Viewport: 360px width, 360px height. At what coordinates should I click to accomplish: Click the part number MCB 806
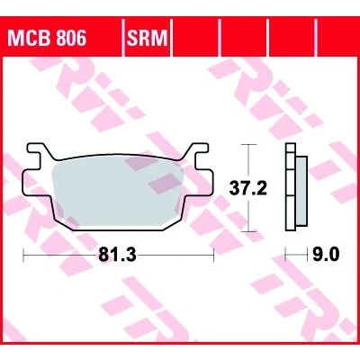48,38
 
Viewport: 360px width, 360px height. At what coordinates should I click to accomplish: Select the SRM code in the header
147,38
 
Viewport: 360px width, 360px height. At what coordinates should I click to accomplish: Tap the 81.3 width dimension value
117,256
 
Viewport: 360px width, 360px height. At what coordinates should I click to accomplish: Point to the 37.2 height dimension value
247,189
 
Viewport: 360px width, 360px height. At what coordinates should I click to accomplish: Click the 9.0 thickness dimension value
326,255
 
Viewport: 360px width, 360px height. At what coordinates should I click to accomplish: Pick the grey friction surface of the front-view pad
118,196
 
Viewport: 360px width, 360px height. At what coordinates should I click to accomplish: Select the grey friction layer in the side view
301,191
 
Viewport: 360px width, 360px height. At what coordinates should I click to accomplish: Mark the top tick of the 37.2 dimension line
248,145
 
